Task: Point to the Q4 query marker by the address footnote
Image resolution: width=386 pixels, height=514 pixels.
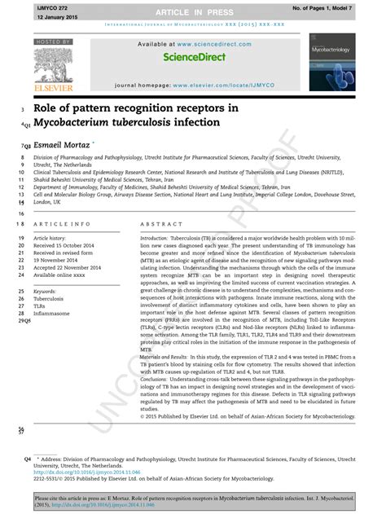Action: click(x=29, y=459)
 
